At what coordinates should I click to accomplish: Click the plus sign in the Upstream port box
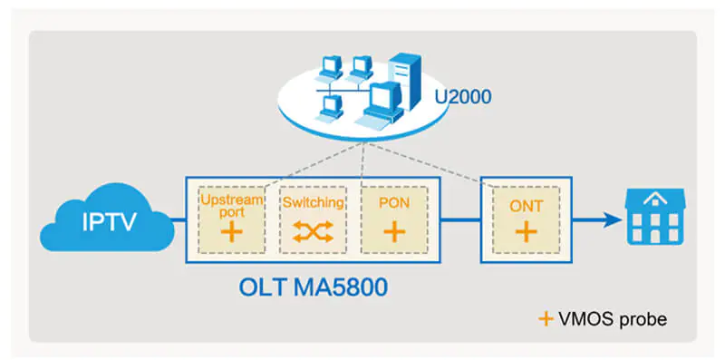tap(232, 232)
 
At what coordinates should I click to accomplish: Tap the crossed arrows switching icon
tap(312, 232)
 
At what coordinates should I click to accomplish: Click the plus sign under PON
tap(392, 232)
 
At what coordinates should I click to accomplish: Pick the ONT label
tap(526, 206)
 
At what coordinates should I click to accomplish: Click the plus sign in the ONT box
tap(526, 232)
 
